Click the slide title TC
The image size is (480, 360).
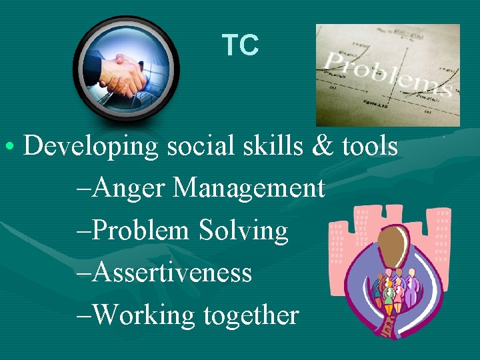(x=240, y=45)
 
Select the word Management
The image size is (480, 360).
(x=249, y=189)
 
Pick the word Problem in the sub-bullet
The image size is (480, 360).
(x=141, y=231)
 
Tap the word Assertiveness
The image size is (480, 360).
(x=173, y=273)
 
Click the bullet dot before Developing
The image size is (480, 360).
(x=13, y=146)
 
